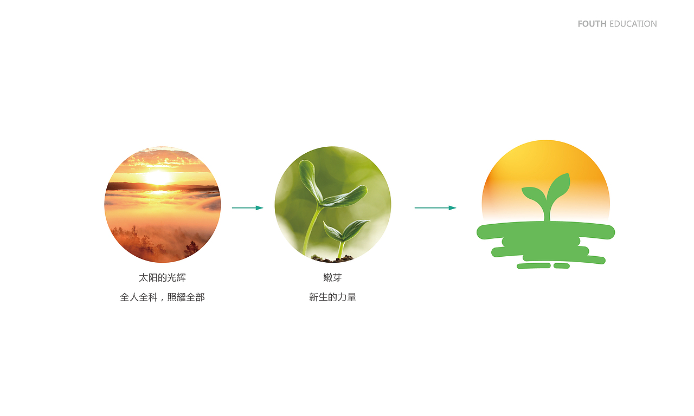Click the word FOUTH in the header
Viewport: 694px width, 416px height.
coord(592,24)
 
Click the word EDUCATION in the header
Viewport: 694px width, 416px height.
coord(633,24)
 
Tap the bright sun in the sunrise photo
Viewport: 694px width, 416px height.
coord(158,177)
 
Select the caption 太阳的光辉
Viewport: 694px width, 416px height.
coord(162,278)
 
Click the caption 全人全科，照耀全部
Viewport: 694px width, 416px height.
coord(162,297)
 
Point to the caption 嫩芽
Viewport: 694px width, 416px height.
coord(332,278)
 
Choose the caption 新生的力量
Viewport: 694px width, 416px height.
coord(332,297)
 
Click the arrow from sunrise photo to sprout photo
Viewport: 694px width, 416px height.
coord(247,208)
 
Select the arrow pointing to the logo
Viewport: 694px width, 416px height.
coord(435,208)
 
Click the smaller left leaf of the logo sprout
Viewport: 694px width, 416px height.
coord(533,193)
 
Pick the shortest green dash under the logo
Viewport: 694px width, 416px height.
coord(561,265)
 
